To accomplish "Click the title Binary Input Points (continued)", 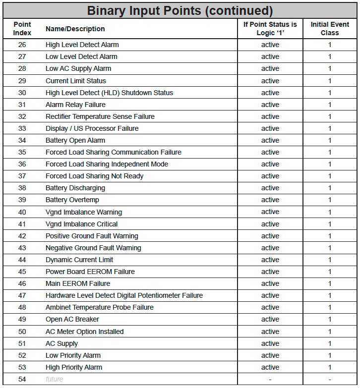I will [180, 10].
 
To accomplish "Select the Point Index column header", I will [22, 29].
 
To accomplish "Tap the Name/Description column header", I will [75, 29].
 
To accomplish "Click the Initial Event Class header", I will [330, 29].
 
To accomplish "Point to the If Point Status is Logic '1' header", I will [270, 29].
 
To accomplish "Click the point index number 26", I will [22, 45].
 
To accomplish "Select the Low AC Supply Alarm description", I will [78, 68].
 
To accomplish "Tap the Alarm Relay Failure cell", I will [75, 105].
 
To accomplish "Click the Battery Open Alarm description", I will [75, 140].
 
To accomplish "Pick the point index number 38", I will [22, 188].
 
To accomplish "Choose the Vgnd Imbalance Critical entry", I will [81, 224].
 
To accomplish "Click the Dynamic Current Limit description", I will [79, 260].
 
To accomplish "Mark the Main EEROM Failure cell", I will [78, 283].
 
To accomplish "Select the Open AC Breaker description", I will [72, 319].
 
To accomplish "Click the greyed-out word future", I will [55, 379].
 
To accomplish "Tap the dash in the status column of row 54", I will [270, 379].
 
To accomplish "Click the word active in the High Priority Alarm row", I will [270, 367].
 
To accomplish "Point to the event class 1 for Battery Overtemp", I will [330, 200].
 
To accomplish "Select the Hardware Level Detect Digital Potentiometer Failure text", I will [124, 295].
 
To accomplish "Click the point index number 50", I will [22, 332].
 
